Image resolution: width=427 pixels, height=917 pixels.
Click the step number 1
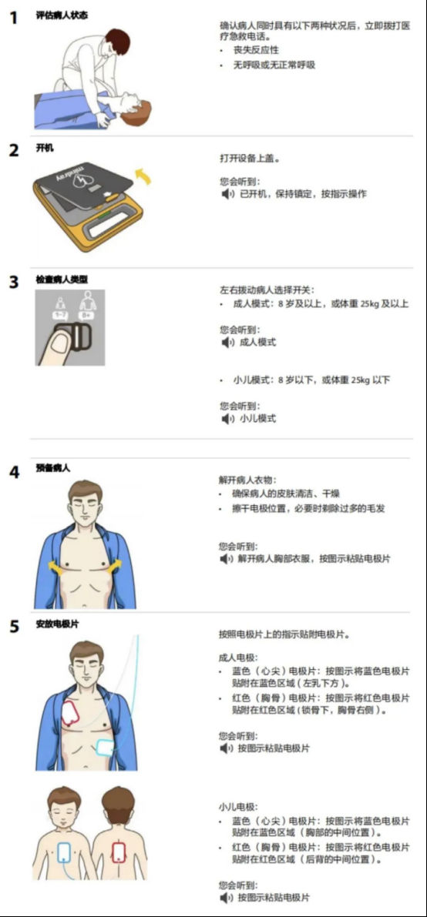pyautogui.click(x=13, y=18)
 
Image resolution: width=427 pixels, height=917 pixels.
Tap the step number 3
pyautogui.click(x=13, y=281)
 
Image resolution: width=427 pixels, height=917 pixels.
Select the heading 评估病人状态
pyautogui.click(x=62, y=15)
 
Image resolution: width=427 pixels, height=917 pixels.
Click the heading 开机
pyautogui.click(x=45, y=148)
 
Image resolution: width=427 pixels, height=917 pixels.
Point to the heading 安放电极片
pyautogui.click(x=57, y=624)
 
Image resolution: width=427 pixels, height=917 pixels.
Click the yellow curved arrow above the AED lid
pyautogui.click(x=143, y=175)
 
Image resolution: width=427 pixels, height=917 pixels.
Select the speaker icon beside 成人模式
pyautogui.click(x=226, y=342)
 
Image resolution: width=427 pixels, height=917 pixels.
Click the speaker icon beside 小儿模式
pyautogui.click(x=226, y=418)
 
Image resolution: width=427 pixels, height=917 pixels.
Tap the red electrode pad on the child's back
pyautogui.click(x=119, y=850)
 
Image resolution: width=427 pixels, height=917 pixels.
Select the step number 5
pyautogui.click(x=13, y=626)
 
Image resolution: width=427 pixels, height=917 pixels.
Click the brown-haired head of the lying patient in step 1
pyautogui.click(x=138, y=111)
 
